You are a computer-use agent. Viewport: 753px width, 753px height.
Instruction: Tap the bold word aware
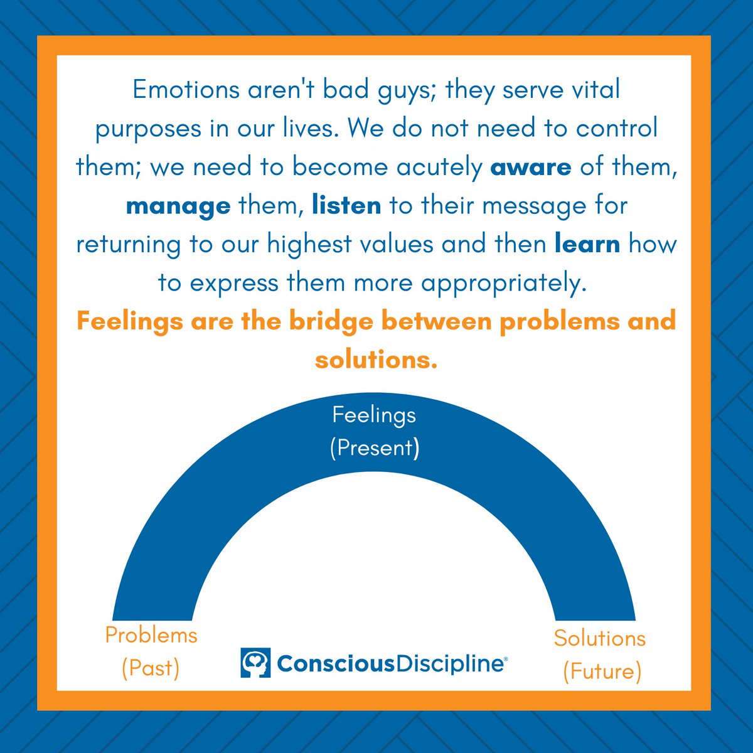[x=530, y=168]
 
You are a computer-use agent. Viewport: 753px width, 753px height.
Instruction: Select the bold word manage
[x=178, y=206]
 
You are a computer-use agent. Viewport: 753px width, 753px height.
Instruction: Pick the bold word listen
[x=346, y=205]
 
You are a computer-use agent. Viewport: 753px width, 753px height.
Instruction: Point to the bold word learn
[x=587, y=244]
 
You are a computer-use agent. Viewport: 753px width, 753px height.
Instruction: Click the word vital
[x=592, y=90]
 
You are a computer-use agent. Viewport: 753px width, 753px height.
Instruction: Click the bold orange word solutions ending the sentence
[x=376, y=360]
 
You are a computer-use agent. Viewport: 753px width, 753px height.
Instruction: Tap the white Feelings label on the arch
[x=374, y=415]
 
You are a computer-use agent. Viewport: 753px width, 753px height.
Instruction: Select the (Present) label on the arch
[x=374, y=448]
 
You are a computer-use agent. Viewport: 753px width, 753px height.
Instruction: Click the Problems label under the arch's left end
[x=151, y=635]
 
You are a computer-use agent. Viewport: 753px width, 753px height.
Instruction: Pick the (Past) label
[x=151, y=668]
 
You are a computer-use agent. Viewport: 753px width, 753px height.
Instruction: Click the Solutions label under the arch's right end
[x=599, y=638]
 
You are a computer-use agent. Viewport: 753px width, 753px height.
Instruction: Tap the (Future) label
[x=602, y=671]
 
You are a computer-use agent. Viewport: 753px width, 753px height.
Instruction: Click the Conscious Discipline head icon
[x=255, y=663]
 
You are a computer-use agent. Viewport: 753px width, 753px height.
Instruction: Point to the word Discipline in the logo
[x=451, y=663]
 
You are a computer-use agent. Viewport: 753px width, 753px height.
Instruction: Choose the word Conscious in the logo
[x=336, y=663]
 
